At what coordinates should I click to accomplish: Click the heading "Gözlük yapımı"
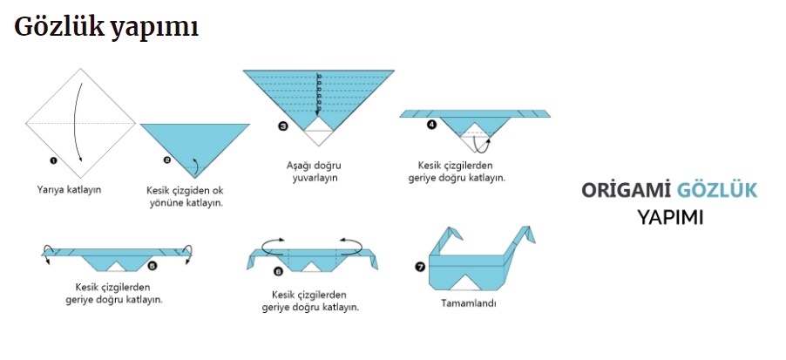click(x=106, y=28)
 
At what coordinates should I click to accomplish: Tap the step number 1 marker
click(x=53, y=160)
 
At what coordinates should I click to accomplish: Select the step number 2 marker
click(x=167, y=160)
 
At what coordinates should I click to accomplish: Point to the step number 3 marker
click(x=283, y=126)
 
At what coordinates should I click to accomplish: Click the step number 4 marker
click(x=431, y=125)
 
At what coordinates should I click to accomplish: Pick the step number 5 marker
click(x=152, y=265)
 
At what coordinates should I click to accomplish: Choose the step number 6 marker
click(x=278, y=271)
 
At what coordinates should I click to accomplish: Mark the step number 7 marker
click(x=420, y=267)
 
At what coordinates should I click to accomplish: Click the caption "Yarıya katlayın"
click(x=69, y=189)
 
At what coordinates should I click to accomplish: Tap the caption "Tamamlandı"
click(x=469, y=303)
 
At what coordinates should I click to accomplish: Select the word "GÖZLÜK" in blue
click(x=717, y=190)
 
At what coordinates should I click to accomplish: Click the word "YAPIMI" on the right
click(x=670, y=218)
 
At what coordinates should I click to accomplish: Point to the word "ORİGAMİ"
click(x=626, y=190)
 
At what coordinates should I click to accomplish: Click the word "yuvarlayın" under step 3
click(x=315, y=178)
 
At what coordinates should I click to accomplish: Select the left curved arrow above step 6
click(x=274, y=245)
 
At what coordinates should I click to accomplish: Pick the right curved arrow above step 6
click(x=351, y=245)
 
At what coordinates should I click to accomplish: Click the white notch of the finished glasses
click(x=465, y=283)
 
